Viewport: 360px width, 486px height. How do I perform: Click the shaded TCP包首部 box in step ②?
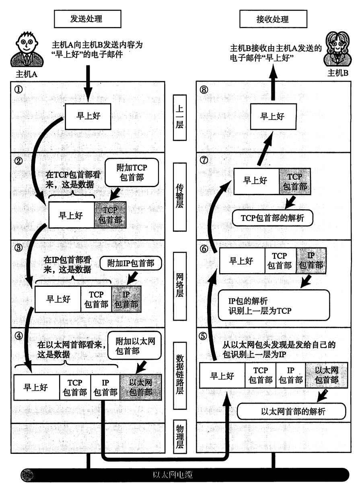[110, 215]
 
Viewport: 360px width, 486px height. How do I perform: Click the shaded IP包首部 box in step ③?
[127, 299]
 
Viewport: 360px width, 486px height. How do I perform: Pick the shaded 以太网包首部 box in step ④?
[140, 387]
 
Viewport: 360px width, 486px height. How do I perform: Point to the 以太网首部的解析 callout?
[292, 412]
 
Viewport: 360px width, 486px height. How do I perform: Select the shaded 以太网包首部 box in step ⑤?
[323, 375]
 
